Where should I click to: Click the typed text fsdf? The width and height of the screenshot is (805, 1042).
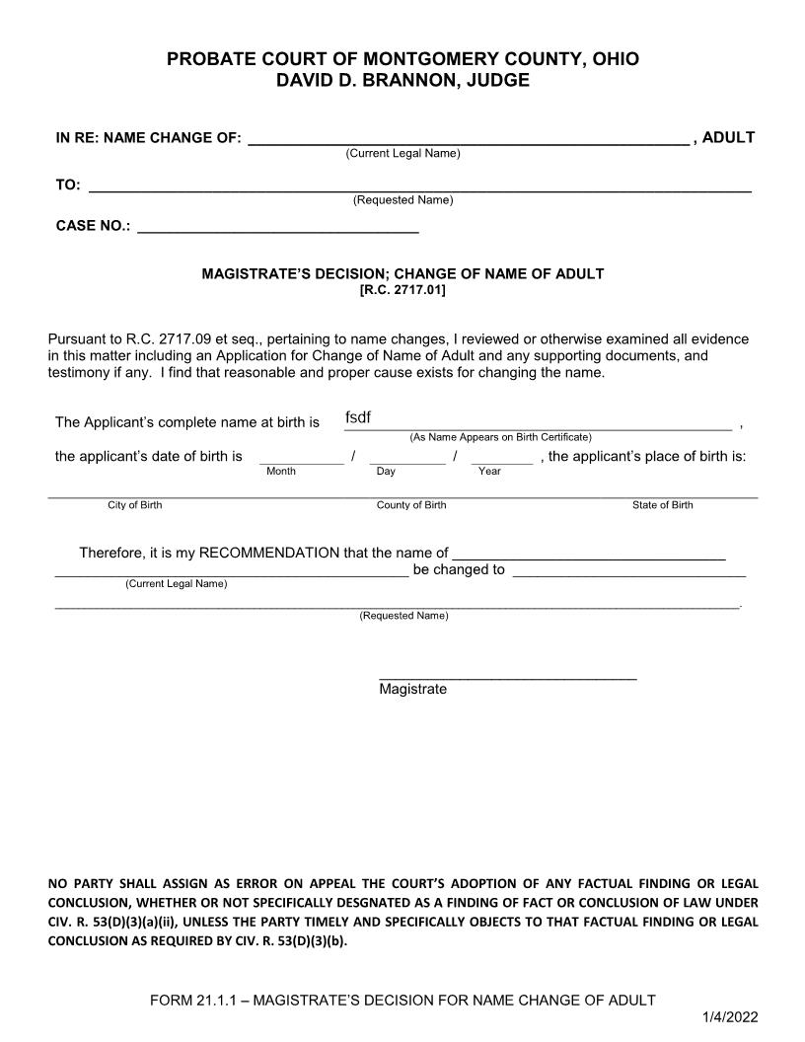357,417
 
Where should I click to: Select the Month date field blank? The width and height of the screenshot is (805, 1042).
287,457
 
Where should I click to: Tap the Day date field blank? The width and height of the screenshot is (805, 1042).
406,457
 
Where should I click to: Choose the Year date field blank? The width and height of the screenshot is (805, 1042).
501,457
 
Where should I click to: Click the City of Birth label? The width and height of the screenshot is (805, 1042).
135,505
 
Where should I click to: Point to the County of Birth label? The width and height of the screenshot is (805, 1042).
411,505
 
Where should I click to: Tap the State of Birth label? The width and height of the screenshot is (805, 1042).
662,505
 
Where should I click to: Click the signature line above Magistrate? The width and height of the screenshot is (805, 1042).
507,677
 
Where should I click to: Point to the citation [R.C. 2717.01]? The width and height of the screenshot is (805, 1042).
402,290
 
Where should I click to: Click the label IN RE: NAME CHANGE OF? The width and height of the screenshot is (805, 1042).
148,138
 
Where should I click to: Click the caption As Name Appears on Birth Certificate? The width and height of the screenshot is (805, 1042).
500,436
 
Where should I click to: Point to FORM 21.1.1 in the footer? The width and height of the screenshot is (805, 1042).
192,1000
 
